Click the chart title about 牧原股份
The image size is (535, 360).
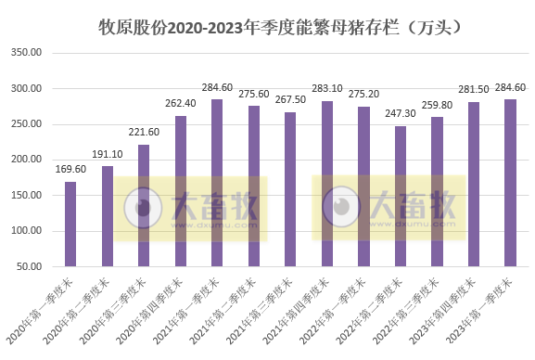coord(279,27)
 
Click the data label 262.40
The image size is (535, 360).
coord(181,104)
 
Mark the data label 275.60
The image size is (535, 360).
coord(254,95)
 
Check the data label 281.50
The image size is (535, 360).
coord(473,90)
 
